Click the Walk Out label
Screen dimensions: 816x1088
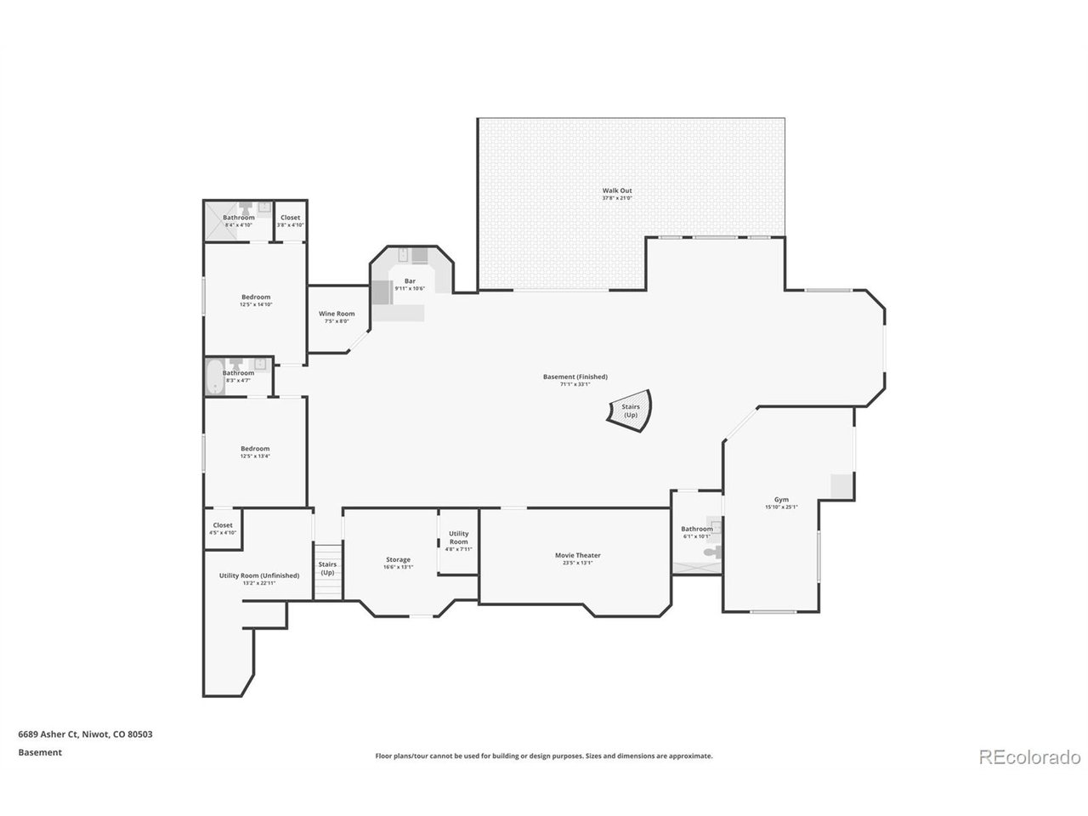tap(617, 190)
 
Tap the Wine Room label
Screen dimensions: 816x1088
tap(337, 314)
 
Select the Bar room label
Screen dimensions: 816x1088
tap(410, 280)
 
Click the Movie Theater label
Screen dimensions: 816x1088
tap(577, 555)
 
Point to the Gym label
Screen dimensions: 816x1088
tap(780, 500)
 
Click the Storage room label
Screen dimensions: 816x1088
tap(398, 559)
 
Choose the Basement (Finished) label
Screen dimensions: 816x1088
tap(575, 377)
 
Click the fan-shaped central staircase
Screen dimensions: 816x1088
tap(630, 412)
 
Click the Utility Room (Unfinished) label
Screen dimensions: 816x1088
tap(259, 575)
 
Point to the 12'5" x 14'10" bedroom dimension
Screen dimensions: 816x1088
tap(255, 304)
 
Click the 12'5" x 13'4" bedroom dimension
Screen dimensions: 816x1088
tap(255, 456)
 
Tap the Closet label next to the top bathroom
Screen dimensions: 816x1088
tap(290, 218)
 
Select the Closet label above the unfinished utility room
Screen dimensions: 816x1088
tap(223, 525)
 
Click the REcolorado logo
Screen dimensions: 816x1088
tap(1029, 756)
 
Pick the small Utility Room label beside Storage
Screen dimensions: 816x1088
tap(458, 537)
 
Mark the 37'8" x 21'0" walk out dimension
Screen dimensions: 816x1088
tap(617, 198)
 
